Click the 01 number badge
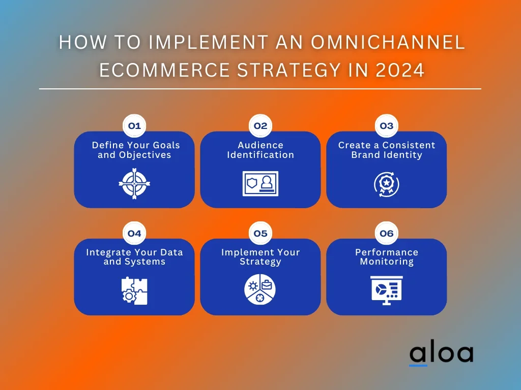134,126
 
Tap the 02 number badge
260,126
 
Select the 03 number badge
387,126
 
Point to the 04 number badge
134,233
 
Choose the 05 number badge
260,233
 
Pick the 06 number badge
387,233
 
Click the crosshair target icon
134,183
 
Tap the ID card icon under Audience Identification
260,183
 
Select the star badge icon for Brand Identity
387,184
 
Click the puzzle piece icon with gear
134,291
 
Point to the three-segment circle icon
260,289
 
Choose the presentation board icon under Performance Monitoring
387,290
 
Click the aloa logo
441,353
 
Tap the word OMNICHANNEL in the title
388,42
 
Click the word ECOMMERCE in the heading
164,70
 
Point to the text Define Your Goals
136,145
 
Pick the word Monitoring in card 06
387,262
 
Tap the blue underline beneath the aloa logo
418,366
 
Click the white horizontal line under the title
260,89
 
